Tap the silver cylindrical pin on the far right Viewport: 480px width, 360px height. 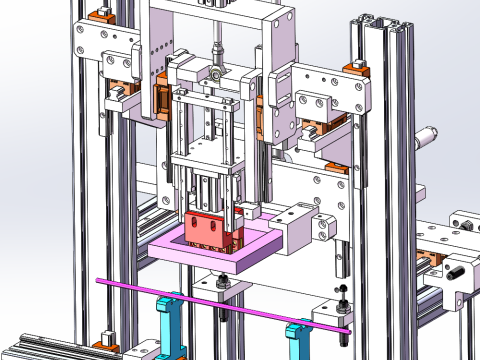(x=429, y=133)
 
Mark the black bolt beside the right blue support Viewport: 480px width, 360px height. (x=341, y=293)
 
